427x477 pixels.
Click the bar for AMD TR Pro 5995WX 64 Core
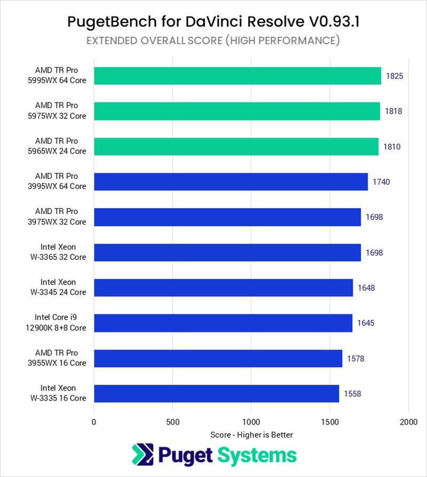pos(238,76)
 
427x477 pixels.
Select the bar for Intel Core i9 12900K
pos(223,323)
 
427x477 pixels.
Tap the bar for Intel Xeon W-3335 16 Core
pos(216,393)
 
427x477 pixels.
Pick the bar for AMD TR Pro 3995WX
pos(231,181)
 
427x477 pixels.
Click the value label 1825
pos(394,76)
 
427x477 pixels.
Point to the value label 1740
pos(381,182)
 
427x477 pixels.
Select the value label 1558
pos(352,394)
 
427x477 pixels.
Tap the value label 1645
pos(366,323)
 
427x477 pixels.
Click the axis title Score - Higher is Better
pos(251,435)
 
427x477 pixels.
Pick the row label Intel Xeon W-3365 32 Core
pos(63,252)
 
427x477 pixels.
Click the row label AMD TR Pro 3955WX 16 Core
pos(60,358)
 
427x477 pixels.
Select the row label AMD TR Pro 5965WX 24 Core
pos(60,146)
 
